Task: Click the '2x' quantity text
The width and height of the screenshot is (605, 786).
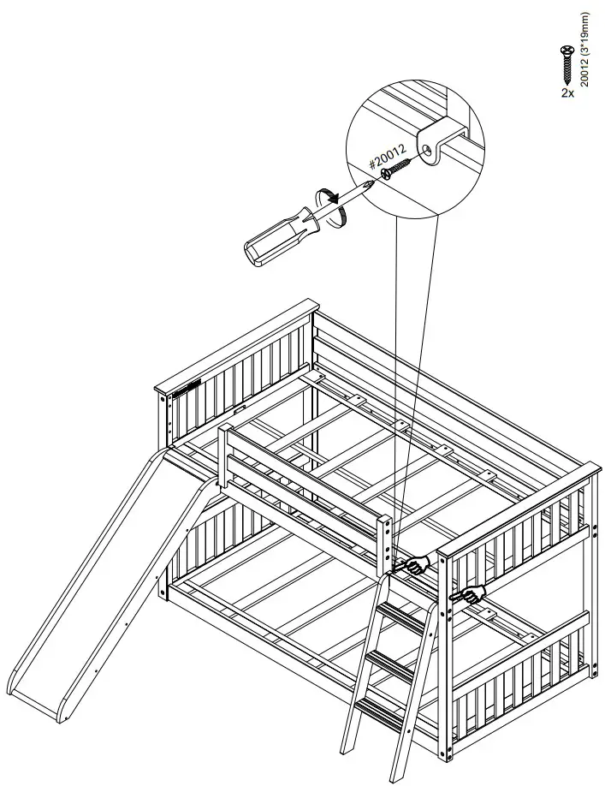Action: tap(567, 92)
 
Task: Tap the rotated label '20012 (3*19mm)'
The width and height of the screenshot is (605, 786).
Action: tap(585, 50)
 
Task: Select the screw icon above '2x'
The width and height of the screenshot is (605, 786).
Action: tap(567, 64)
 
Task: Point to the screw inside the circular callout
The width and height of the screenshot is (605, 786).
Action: tap(397, 167)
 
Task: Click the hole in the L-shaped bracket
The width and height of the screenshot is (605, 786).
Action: tap(425, 148)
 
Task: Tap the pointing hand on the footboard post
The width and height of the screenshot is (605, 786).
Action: tap(469, 594)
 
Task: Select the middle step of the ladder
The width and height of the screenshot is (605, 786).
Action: tap(391, 663)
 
